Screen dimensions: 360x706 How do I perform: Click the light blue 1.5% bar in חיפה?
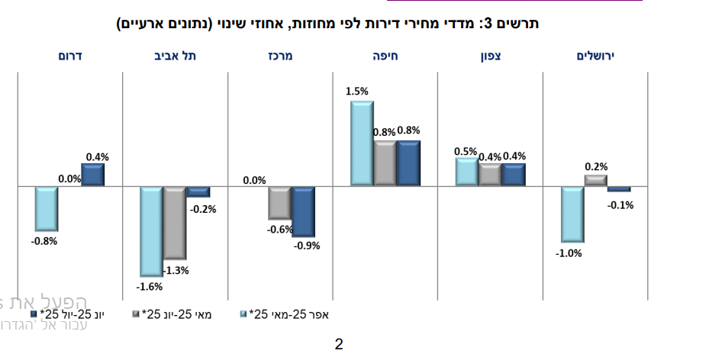coord(362,143)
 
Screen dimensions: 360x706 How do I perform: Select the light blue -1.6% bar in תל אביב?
coord(151,230)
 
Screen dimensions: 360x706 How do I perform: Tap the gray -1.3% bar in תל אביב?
coord(175,222)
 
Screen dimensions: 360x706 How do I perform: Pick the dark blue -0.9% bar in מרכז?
coord(303,211)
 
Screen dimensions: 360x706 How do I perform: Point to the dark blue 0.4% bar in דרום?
coord(92,175)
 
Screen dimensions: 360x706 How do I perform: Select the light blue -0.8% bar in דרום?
coord(47,208)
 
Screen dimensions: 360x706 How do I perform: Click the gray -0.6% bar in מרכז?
coord(280,202)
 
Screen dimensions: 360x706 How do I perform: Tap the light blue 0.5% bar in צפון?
coord(466,172)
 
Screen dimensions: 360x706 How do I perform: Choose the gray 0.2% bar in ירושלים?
coord(595,181)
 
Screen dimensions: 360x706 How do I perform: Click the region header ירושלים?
coord(595,56)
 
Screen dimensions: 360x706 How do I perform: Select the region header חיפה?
coord(385,56)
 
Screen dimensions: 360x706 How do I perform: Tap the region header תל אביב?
coord(174,56)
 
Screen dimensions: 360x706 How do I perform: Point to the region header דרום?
coord(69,56)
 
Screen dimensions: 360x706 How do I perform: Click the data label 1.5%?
coord(356,92)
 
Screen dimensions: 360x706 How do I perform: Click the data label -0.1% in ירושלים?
coord(621,204)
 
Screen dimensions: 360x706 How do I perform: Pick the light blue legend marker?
coord(243,314)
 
